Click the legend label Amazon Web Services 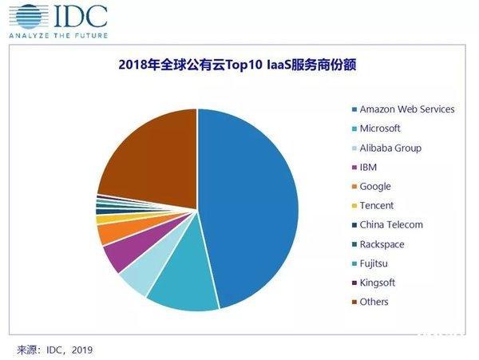click(406, 109)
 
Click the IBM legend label click(368, 167)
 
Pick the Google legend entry click(375, 186)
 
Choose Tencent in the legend click(376, 206)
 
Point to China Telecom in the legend click(390, 225)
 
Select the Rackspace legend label click(381, 244)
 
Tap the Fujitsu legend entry click(374, 263)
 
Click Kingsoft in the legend click(377, 283)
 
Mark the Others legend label click(374, 302)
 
